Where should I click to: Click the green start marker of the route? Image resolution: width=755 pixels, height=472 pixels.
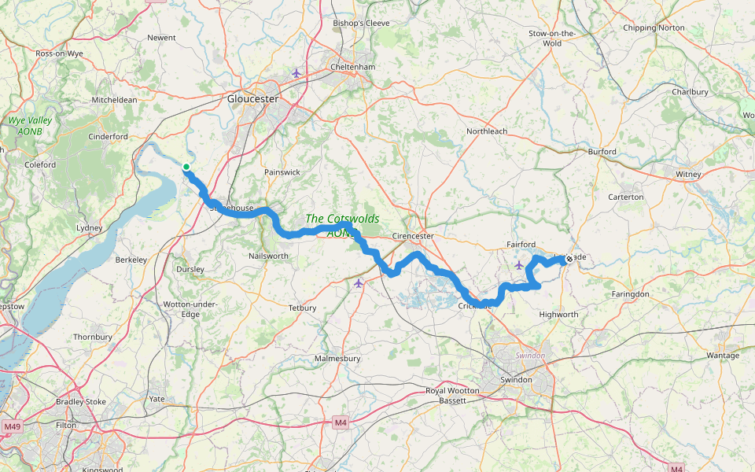click(x=186, y=167)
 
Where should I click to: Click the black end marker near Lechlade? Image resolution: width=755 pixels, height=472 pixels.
click(x=569, y=259)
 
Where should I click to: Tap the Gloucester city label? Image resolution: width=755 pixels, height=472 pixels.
click(x=252, y=99)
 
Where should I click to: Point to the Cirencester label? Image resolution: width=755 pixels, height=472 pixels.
click(x=413, y=236)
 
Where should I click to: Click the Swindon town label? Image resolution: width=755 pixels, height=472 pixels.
click(x=517, y=380)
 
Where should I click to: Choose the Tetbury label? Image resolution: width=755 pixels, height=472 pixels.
click(x=302, y=308)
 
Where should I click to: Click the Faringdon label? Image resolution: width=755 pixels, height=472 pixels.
click(x=631, y=294)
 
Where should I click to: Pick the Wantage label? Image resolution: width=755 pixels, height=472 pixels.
click(x=723, y=356)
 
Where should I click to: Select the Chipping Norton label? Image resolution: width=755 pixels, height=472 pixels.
click(x=654, y=28)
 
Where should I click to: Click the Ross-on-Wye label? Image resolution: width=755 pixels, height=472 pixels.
click(x=59, y=53)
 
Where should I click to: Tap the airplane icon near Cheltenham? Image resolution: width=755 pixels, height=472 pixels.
click(x=296, y=73)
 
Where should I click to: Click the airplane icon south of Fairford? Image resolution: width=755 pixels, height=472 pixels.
click(x=519, y=265)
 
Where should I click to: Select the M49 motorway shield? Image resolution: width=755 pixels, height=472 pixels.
click(x=11, y=426)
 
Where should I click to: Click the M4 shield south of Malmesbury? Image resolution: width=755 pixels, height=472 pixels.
click(x=340, y=422)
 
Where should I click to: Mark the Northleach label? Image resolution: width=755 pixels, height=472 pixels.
click(x=487, y=131)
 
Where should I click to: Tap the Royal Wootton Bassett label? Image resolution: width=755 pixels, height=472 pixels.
click(x=456, y=396)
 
